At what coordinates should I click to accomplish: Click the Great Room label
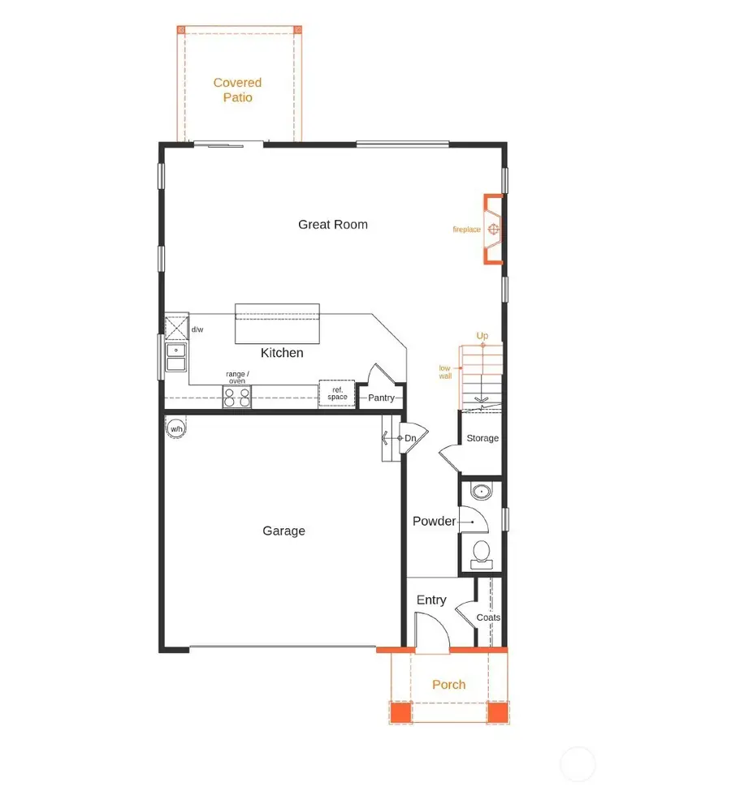333,225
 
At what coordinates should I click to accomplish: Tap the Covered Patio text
237,90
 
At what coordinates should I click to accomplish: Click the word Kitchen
282,353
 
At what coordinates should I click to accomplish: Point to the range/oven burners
237,397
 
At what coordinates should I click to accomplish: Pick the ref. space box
337,393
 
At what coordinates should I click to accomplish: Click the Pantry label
381,398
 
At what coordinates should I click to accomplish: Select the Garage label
283,531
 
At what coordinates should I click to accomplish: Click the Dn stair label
410,438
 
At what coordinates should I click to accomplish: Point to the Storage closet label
482,438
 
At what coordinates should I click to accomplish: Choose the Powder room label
434,521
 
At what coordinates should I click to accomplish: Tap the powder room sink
482,492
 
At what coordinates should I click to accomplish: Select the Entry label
431,600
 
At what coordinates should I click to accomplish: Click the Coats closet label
488,617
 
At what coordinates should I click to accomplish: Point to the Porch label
448,685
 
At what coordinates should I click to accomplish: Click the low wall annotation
444,372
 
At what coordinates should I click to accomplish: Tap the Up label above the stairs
482,336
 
